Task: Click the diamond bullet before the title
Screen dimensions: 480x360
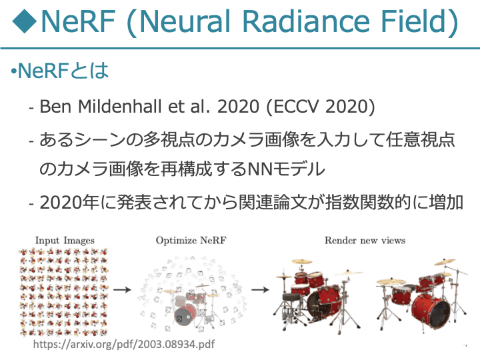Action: tap(25, 21)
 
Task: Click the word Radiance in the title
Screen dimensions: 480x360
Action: tap(306, 21)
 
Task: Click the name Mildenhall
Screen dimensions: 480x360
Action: tap(119, 107)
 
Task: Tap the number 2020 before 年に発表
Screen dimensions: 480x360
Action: tap(61, 203)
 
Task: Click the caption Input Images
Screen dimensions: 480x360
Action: tap(65, 241)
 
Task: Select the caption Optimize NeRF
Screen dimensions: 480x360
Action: tap(191, 241)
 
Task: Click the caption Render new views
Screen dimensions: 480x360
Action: tap(365, 241)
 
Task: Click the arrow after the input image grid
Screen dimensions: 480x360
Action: tap(122, 289)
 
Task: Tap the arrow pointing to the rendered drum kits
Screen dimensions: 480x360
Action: tap(260, 289)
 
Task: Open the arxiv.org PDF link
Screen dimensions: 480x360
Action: tap(124, 344)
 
